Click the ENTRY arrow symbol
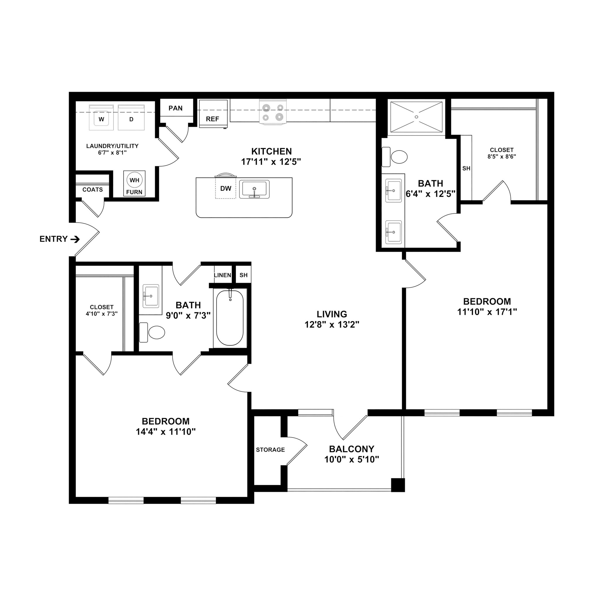coord(75,239)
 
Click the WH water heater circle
coord(134,180)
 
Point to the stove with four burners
coord(273,113)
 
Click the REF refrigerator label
coord(212,119)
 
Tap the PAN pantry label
coord(175,108)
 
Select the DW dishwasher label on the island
coord(226,188)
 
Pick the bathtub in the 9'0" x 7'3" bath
coord(230,318)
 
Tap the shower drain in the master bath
coord(416,117)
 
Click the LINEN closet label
coord(222,275)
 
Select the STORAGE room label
coord(270,450)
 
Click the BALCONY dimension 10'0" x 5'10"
coord(352,460)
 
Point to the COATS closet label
coord(92,190)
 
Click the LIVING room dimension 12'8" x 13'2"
coord(332,325)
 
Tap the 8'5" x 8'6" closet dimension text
coord(502,157)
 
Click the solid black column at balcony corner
coord(398,485)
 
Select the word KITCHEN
coord(271,151)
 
